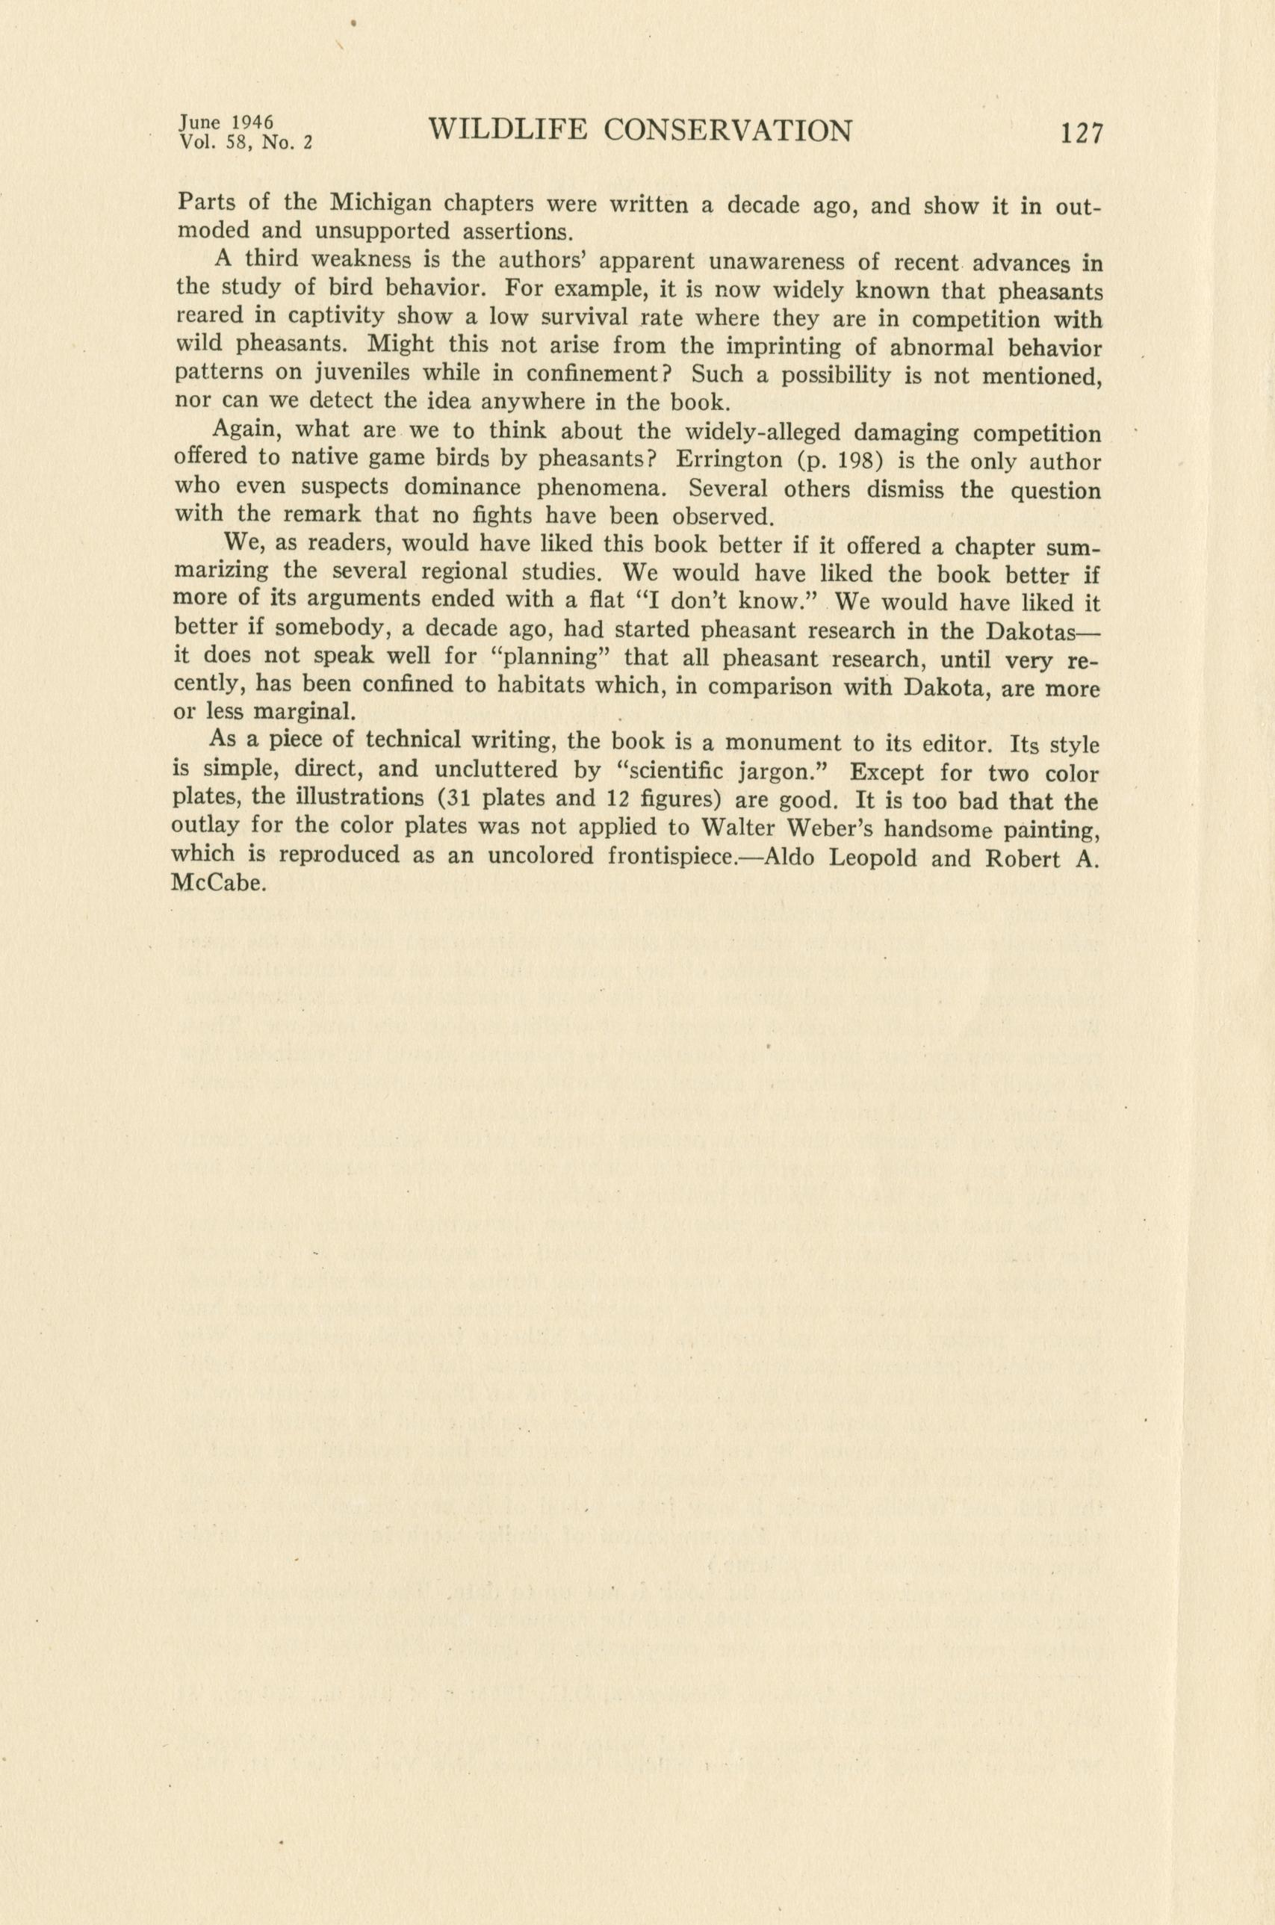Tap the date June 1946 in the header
pos(226,122)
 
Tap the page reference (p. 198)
pos(834,461)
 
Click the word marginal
pos(304,713)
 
